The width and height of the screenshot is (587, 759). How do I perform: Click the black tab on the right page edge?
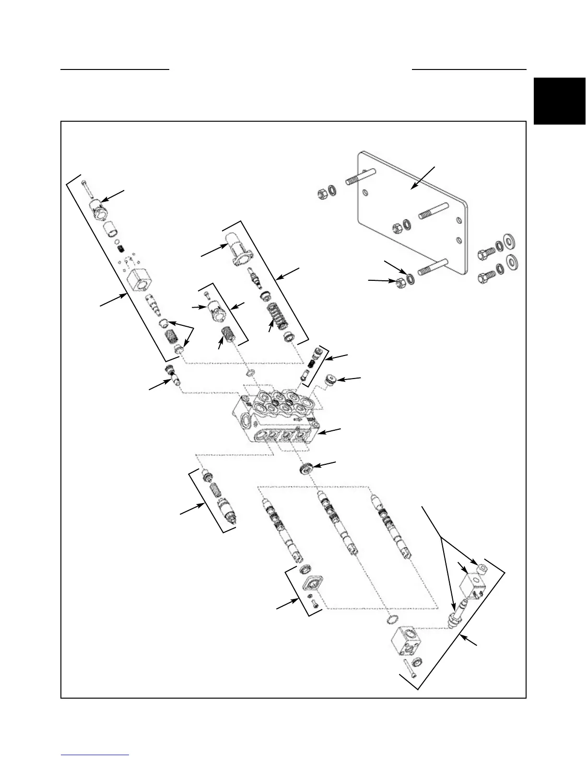tap(560, 101)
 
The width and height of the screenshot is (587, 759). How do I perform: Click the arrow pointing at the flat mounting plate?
tap(424, 177)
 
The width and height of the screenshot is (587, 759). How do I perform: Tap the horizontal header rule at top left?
tap(115, 69)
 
